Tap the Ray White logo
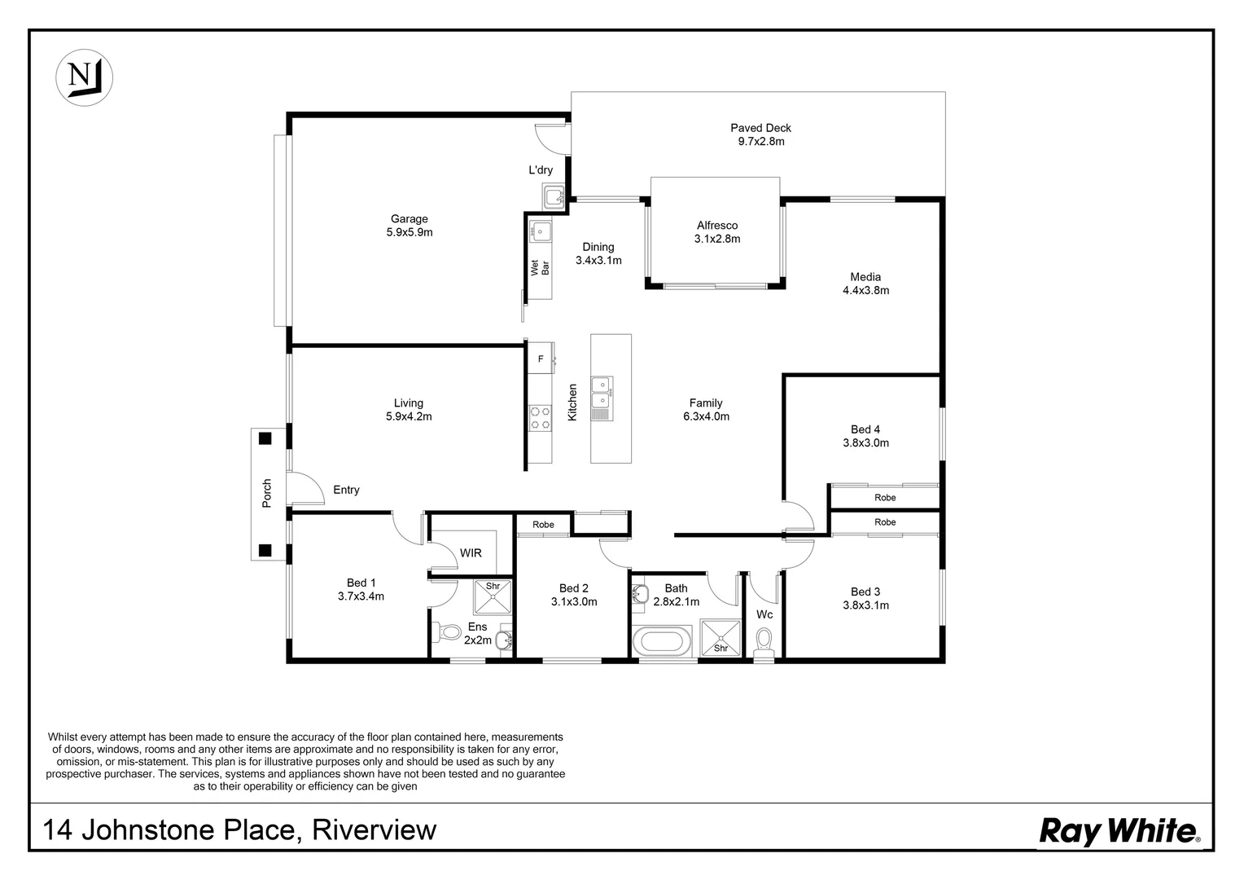(x=1119, y=831)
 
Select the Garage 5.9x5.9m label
(x=409, y=226)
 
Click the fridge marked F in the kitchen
(x=540, y=359)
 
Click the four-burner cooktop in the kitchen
(x=539, y=418)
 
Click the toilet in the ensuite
(x=449, y=631)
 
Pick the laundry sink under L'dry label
(x=554, y=196)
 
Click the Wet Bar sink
(x=539, y=231)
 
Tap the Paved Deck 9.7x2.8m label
(x=760, y=134)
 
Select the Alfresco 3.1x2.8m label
(x=716, y=232)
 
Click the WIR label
(x=471, y=553)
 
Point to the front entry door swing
(x=304, y=489)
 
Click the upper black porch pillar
(x=265, y=438)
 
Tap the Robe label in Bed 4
(x=884, y=497)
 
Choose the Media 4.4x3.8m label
(x=865, y=284)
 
